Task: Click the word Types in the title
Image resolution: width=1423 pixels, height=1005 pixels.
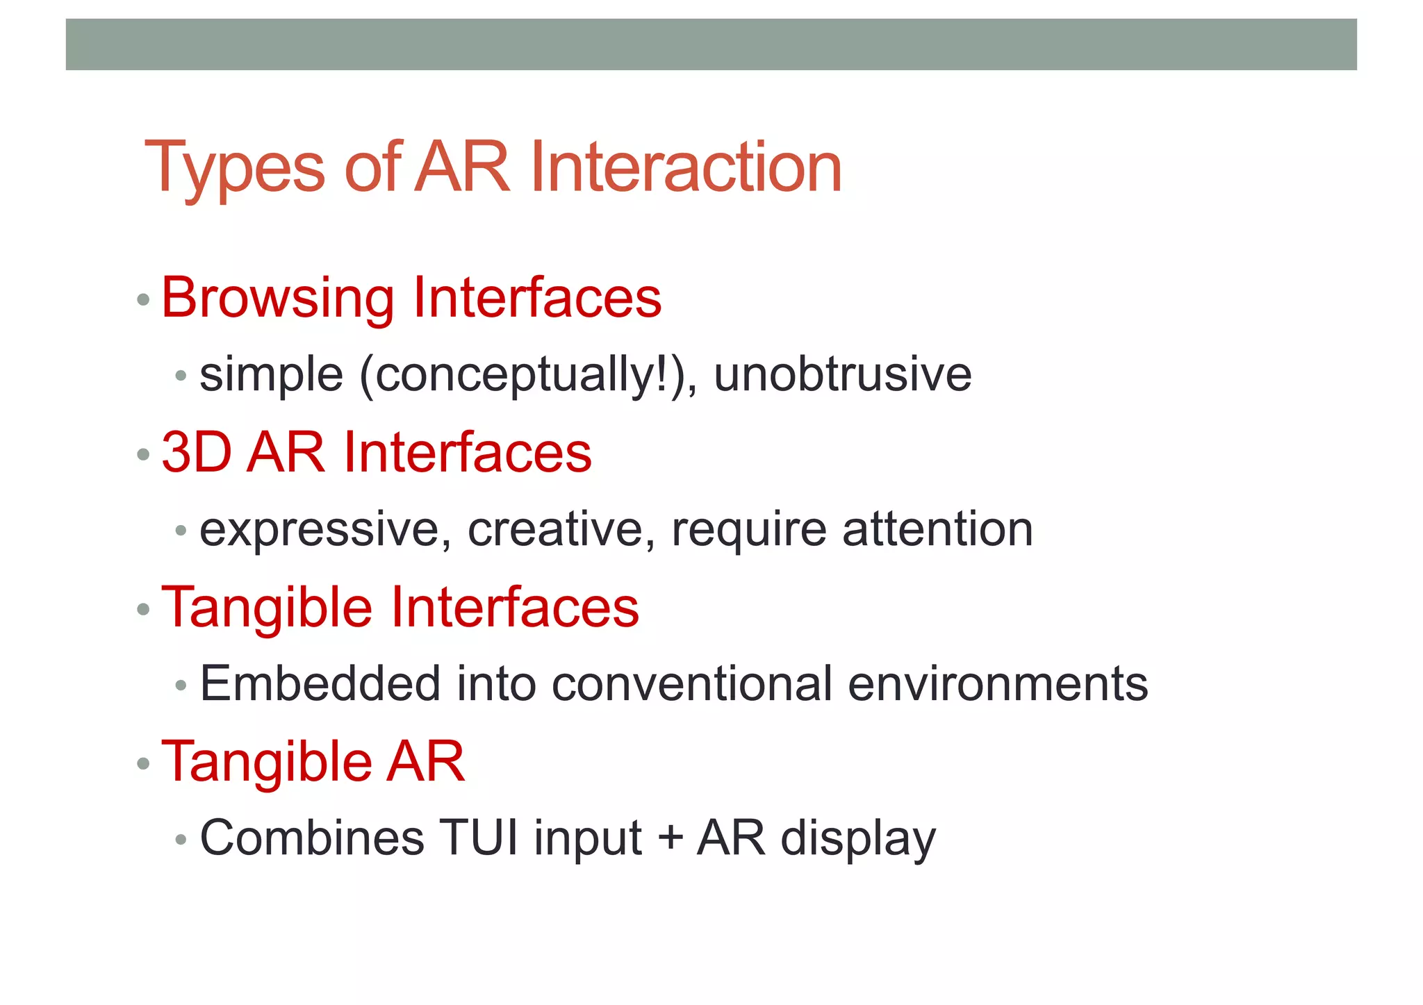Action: [235, 168]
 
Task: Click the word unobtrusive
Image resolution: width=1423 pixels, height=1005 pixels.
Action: [842, 374]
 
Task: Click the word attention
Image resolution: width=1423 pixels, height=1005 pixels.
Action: [937, 529]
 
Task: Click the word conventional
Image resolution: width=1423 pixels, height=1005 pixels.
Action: [691, 683]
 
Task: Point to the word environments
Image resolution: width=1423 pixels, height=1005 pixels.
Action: [998, 683]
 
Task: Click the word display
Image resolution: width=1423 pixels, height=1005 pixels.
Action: [858, 839]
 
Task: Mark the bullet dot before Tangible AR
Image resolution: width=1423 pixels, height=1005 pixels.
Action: [144, 764]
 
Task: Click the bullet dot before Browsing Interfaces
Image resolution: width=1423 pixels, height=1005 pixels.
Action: [144, 300]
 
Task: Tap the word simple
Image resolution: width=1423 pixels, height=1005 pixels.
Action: [271, 376]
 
